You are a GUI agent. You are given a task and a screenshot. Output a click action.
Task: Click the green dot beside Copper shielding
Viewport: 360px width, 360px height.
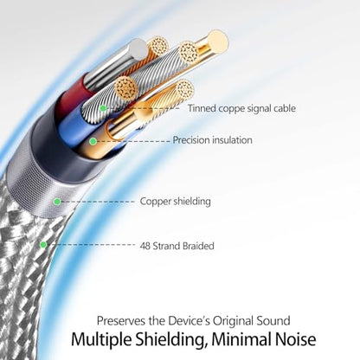tap(57, 202)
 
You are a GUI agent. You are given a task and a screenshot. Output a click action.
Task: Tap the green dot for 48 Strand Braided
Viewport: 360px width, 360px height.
tap(43, 245)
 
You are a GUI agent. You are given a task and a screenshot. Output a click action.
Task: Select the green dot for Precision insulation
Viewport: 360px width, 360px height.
tap(93, 141)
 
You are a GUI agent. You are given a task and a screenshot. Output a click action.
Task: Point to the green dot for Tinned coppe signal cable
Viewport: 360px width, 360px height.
tap(103, 108)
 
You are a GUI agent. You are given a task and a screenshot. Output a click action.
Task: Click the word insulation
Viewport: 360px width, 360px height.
tap(232, 140)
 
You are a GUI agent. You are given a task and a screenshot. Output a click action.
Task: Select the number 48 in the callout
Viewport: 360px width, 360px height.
tap(145, 246)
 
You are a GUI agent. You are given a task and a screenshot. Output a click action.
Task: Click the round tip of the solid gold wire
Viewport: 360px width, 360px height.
tap(217, 40)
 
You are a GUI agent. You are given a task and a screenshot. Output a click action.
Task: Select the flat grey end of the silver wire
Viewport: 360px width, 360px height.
tap(138, 49)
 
